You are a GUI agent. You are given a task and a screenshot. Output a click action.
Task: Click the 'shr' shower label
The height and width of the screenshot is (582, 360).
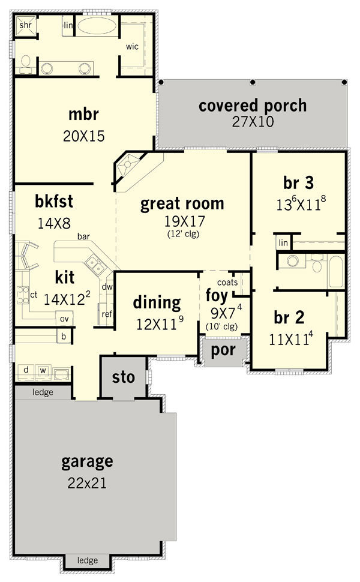26,25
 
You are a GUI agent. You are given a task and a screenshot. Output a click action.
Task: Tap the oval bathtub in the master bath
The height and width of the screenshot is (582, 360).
98,26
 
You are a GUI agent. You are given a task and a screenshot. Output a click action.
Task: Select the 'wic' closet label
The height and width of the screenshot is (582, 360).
132,47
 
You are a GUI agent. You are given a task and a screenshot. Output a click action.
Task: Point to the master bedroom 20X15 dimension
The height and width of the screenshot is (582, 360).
84,136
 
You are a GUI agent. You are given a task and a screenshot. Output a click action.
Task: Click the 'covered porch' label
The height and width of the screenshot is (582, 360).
253,106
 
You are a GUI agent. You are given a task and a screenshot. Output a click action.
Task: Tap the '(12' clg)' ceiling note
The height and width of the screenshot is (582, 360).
184,234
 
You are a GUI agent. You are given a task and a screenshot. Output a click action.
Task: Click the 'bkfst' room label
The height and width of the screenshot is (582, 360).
54,201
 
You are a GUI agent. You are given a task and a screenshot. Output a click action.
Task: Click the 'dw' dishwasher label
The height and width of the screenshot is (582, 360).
107,287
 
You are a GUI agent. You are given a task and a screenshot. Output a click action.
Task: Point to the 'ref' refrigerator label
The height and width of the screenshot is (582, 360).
107,314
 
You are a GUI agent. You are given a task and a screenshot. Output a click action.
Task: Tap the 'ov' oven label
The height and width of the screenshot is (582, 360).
64,319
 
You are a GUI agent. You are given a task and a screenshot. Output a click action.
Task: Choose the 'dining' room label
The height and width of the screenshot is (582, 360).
157,303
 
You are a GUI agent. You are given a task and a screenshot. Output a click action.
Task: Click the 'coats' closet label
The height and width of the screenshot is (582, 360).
227,283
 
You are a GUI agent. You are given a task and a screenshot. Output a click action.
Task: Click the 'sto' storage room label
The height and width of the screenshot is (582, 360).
123,377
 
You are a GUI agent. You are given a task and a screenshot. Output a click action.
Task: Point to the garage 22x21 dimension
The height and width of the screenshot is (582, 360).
87,483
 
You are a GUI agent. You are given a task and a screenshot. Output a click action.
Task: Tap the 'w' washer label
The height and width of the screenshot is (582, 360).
43,370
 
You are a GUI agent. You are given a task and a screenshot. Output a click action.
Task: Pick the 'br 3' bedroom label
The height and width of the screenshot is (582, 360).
298,182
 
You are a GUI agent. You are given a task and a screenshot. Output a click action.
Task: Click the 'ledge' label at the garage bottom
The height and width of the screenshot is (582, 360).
88,560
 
